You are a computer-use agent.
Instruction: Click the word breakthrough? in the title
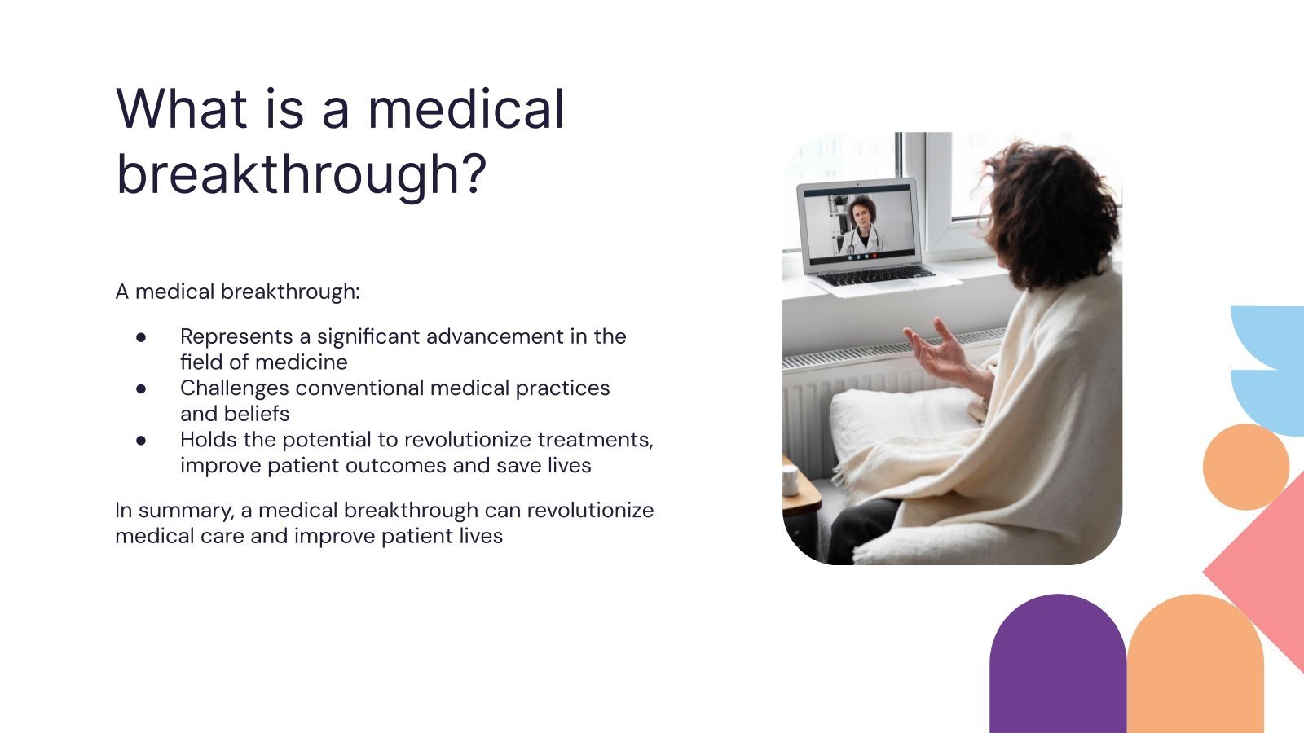302,173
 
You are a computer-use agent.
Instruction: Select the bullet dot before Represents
142,336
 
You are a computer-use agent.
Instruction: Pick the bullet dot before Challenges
142,388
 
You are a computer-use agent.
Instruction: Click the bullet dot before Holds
142,440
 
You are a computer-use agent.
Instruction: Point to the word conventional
359,388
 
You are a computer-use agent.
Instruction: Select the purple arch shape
1058,668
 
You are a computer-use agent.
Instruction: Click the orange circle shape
1245,467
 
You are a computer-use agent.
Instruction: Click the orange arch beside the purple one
1195,668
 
